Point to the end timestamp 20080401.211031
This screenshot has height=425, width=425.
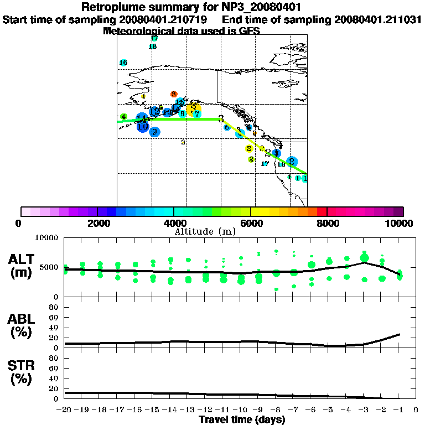(x=377, y=20)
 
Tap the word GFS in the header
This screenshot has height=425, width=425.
(x=250, y=31)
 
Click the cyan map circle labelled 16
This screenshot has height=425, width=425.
(x=123, y=63)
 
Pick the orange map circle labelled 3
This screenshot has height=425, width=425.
(x=174, y=94)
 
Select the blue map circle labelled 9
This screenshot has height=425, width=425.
(x=155, y=132)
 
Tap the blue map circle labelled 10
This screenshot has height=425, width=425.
(x=143, y=127)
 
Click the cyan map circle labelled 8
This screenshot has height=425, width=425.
(x=182, y=113)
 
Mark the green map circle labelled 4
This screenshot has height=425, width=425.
(x=124, y=117)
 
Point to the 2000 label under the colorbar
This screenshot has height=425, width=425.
(x=97, y=223)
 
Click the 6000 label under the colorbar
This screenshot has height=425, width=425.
(x=251, y=223)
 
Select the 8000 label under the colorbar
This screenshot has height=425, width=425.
(x=327, y=223)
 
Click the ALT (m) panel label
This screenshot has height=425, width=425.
(x=24, y=264)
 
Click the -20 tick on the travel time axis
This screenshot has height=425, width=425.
(x=65, y=410)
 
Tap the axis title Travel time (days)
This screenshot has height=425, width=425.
(x=242, y=419)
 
